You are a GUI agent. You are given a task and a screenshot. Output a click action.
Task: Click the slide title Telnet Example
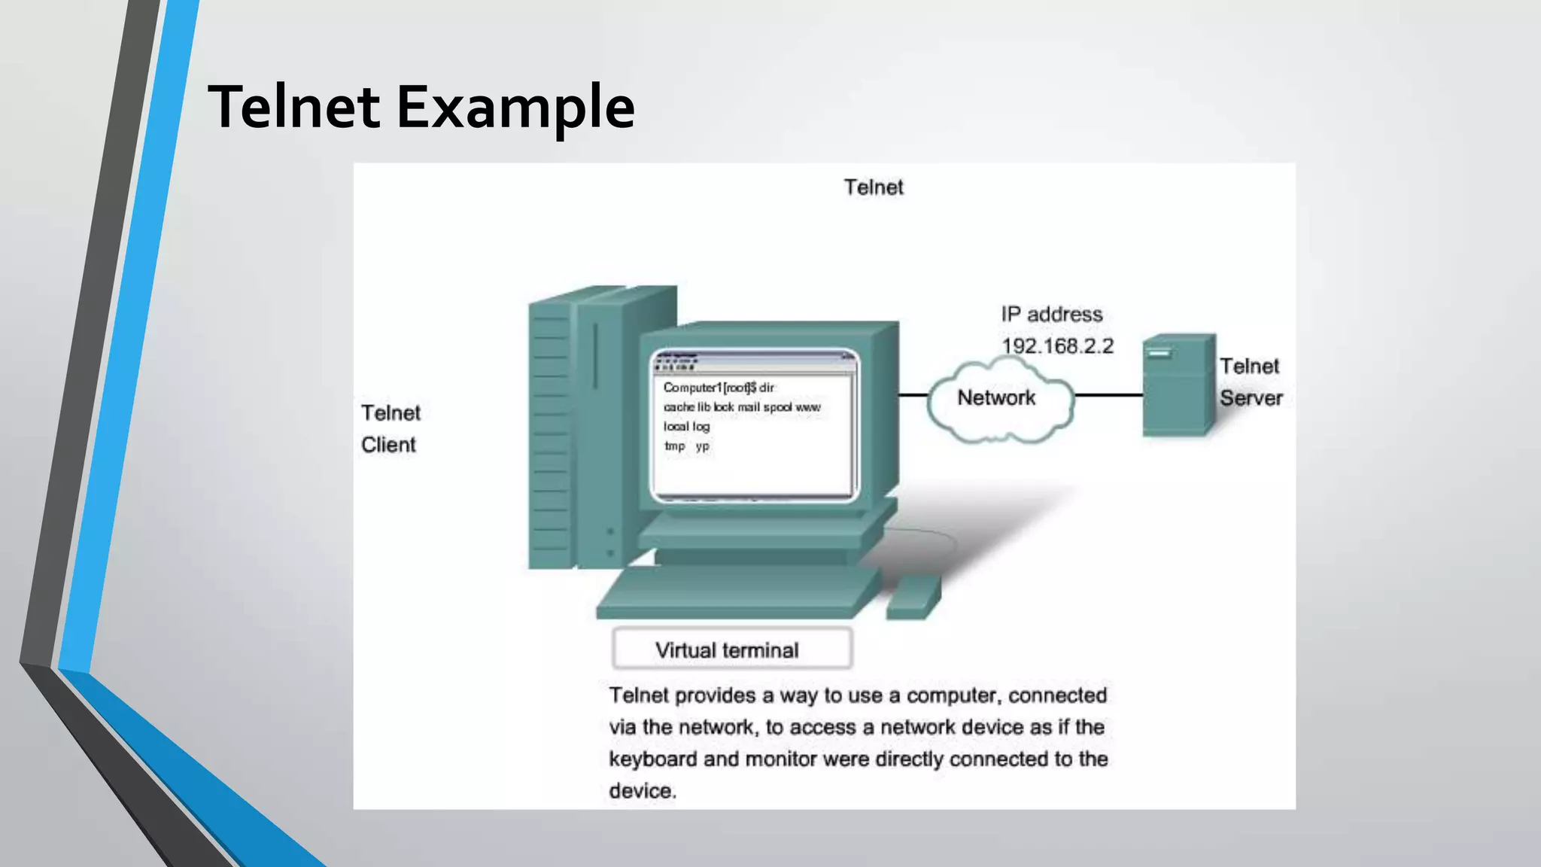click(x=421, y=107)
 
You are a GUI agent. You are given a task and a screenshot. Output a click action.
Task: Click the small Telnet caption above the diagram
click(x=873, y=187)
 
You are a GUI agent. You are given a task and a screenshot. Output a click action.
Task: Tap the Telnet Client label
click(x=390, y=428)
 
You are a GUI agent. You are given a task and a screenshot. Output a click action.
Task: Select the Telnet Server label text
click(x=1251, y=382)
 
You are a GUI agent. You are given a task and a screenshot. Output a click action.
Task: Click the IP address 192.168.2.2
click(x=1057, y=346)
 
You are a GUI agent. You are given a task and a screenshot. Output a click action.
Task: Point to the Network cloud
click(x=997, y=398)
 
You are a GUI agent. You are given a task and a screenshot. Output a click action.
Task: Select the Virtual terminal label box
click(x=731, y=649)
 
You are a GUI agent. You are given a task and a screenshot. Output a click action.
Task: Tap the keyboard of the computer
click(x=737, y=593)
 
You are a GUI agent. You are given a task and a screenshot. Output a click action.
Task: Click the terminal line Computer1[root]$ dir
click(x=719, y=388)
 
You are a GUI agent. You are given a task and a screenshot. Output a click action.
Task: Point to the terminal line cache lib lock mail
click(x=742, y=407)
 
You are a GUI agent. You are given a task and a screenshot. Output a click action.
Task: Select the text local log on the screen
click(x=686, y=427)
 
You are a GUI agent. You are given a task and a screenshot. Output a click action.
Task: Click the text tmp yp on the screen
click(x=686, y=446)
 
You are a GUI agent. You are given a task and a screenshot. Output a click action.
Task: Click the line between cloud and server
click(x=1108, y=394)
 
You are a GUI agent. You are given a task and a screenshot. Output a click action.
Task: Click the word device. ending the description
click(x=643, y=791)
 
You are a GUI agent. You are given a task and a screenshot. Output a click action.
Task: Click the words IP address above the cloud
click(x=1051, y=315)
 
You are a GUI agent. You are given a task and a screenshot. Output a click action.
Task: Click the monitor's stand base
click(x=760, y=536)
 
